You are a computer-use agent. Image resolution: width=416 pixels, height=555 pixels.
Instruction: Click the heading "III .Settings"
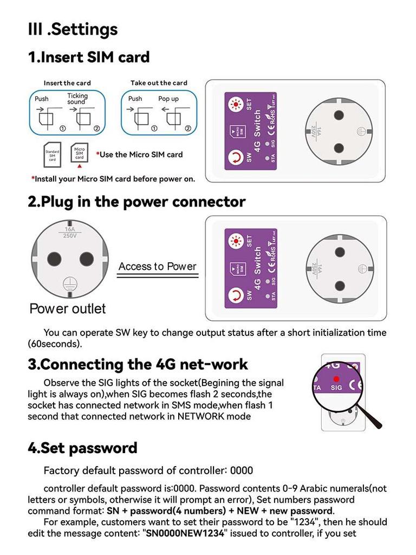click(x=73, y=29)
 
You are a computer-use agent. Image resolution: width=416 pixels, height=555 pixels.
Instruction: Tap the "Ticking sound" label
click(x=77, y=99)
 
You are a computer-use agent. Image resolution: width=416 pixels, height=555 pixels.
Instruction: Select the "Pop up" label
click(x=168, y=99)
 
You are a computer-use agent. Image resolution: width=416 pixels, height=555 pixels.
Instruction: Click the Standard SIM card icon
click(x=52, y=155)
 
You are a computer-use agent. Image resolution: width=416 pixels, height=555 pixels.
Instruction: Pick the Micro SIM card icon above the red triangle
click(x=79, y=152)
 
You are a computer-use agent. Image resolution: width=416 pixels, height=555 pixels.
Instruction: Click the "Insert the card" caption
click(x=67, y=83)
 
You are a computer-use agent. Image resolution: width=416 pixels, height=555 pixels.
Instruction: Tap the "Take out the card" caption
click(x=159, y=83)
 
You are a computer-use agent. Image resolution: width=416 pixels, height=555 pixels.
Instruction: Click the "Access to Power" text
click(x=157, y=266)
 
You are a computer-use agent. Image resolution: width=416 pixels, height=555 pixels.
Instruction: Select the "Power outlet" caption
click(x=68, y=309)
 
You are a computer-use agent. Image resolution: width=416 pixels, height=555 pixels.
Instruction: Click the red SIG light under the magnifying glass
click(x=336, y=378)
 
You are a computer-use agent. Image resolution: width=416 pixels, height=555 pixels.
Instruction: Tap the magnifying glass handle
click(x=372, y=419)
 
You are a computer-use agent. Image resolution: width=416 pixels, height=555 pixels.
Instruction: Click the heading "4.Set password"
click(x=82, y=448)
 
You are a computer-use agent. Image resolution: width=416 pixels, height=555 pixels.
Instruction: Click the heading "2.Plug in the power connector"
click(x=136, y=202)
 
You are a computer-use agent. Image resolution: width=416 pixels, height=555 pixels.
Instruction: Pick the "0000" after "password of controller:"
click(x=242, y=470)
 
